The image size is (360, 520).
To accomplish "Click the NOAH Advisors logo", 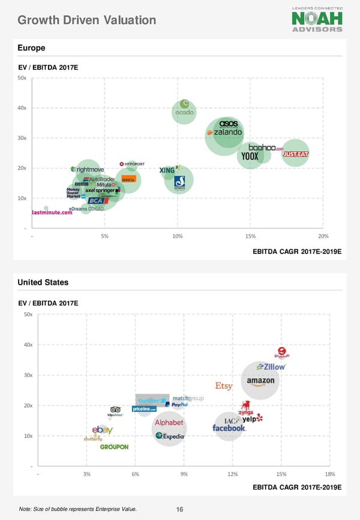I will tap(317, 19).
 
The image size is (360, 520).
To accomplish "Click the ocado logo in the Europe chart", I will tap(184, 111).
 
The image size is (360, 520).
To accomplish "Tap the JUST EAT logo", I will tap(295, 154).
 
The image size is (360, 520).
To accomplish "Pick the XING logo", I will tap(169, 171).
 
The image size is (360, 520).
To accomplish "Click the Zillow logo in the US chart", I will tap(271, 366).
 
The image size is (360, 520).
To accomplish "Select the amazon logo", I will tap(260, 381).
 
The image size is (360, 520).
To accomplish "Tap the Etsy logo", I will tap(224, 386).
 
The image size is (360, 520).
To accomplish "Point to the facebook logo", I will tap(229, 428).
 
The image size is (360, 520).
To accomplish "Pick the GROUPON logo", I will tap(114, 447).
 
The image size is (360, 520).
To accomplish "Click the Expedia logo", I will tap(170, 437).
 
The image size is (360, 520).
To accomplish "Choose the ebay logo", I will tap(102, 430).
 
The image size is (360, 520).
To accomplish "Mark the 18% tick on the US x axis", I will tap(329, 475).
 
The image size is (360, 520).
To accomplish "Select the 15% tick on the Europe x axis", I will tap(251, 236).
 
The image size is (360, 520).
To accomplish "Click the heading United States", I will tap(43, 282).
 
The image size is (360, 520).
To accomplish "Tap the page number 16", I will tap(179, 510).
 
